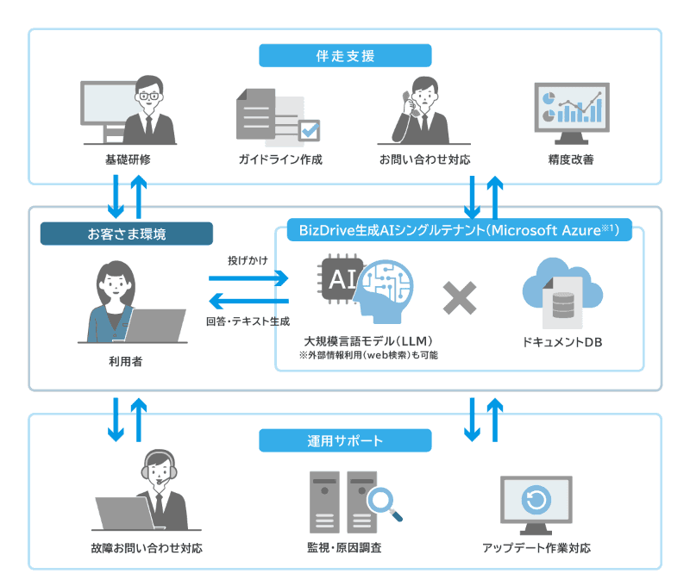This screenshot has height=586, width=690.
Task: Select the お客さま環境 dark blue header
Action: (127, 234)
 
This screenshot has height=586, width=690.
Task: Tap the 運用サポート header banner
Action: (345, 440)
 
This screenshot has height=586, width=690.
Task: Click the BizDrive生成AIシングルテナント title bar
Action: (460, 230)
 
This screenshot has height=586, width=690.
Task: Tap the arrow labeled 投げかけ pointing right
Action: (248, 278)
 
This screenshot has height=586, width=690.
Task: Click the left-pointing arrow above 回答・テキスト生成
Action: (248, 302)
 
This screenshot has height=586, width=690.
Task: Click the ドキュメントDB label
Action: (561, 342)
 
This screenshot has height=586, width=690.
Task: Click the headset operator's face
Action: (159, 471)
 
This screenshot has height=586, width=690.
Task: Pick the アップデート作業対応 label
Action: (537, 548)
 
